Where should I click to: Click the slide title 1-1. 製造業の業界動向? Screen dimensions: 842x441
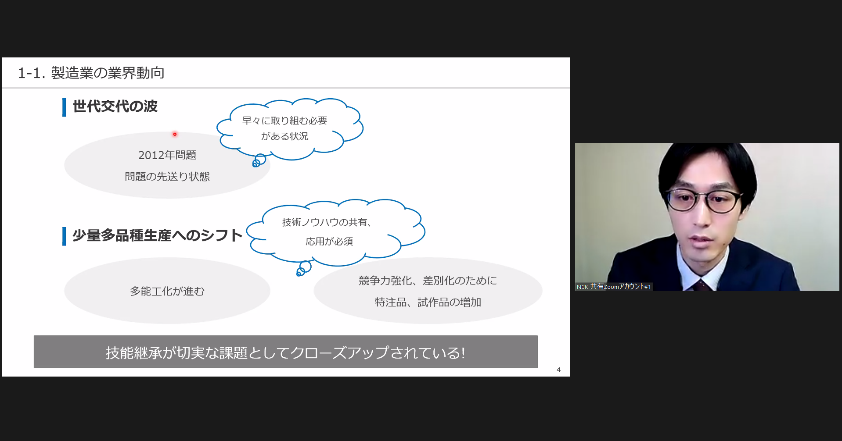point(91,73)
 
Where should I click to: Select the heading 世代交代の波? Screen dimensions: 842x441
point(115,106)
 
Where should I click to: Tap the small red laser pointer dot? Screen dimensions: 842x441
point(175,134)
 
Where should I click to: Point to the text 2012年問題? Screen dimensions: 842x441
point(167,155)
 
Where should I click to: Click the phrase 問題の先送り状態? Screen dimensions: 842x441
point(167,177)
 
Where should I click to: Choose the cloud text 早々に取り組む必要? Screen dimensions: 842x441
point(285,121)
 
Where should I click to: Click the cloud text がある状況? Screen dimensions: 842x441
point(285,136)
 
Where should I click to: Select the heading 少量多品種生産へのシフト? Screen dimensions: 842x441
point(157,235)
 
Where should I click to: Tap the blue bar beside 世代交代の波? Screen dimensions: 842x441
point(64,107)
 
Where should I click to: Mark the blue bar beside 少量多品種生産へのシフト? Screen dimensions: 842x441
point(64,236)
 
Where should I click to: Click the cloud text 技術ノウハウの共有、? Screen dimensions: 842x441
point(327,222)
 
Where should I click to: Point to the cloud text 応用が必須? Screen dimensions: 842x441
point(329,242)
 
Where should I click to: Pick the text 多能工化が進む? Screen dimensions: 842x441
point(167,291)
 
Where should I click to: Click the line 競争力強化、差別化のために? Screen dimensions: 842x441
point(428,281)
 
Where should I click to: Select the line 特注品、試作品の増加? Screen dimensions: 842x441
point(428,302)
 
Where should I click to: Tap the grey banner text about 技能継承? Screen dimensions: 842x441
point(285,352)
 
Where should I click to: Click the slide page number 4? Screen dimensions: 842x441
point(558,370)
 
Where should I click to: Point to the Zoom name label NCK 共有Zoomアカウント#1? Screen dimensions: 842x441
point(614,287)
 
